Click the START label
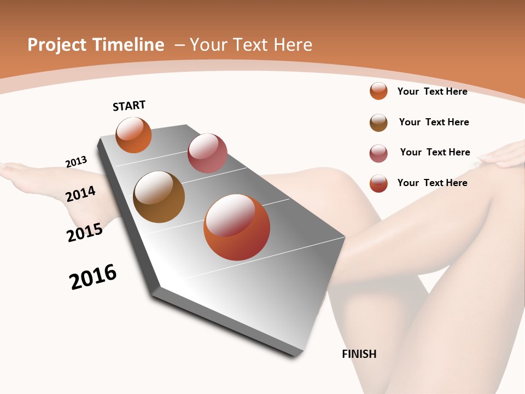pos(129,106)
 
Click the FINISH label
pos(359,354)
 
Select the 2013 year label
pos(76,162)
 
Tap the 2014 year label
pos(80,194)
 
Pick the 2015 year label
pos(85,232)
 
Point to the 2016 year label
pos(93,277)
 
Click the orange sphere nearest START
pos(133,135)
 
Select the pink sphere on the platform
pos(207,153)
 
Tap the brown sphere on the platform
pos(159,197)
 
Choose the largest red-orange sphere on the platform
pos(237,227)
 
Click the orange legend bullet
pos(378,91)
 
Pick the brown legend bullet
pos(378,123)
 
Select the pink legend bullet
pos(378,153)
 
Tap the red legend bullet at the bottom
pos(378,183)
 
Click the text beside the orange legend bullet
pos(432,91)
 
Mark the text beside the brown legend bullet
pos(434,122)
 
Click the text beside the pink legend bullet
pos(435,152)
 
